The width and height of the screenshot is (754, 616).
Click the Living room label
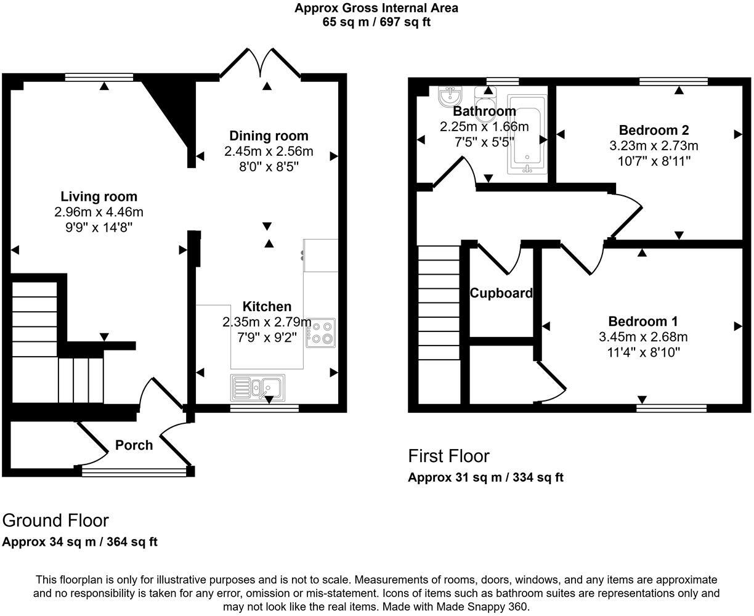tap(99, 197)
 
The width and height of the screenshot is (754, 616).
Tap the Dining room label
tap(269, 136)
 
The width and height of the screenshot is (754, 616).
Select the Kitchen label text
tap(267, 306)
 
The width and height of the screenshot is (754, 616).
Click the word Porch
tap(134, 445)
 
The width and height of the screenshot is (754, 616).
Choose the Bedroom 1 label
tap(643, 321)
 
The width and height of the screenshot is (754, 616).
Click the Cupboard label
tap(501, 293)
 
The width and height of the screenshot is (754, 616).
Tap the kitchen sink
tap(257, 387)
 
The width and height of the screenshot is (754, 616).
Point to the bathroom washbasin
tap(449, 97)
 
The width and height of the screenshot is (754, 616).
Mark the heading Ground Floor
tap(55, 521)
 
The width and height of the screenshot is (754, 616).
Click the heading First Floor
tap(448, 456)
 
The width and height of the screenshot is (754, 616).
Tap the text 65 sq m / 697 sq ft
tap(376, 22)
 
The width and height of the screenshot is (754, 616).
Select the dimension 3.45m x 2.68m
tap(643, 337)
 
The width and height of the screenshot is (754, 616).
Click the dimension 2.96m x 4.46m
tap(99, 212)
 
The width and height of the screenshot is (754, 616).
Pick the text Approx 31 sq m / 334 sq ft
tap(485, 477)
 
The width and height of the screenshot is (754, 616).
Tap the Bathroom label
tap(484, 111)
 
